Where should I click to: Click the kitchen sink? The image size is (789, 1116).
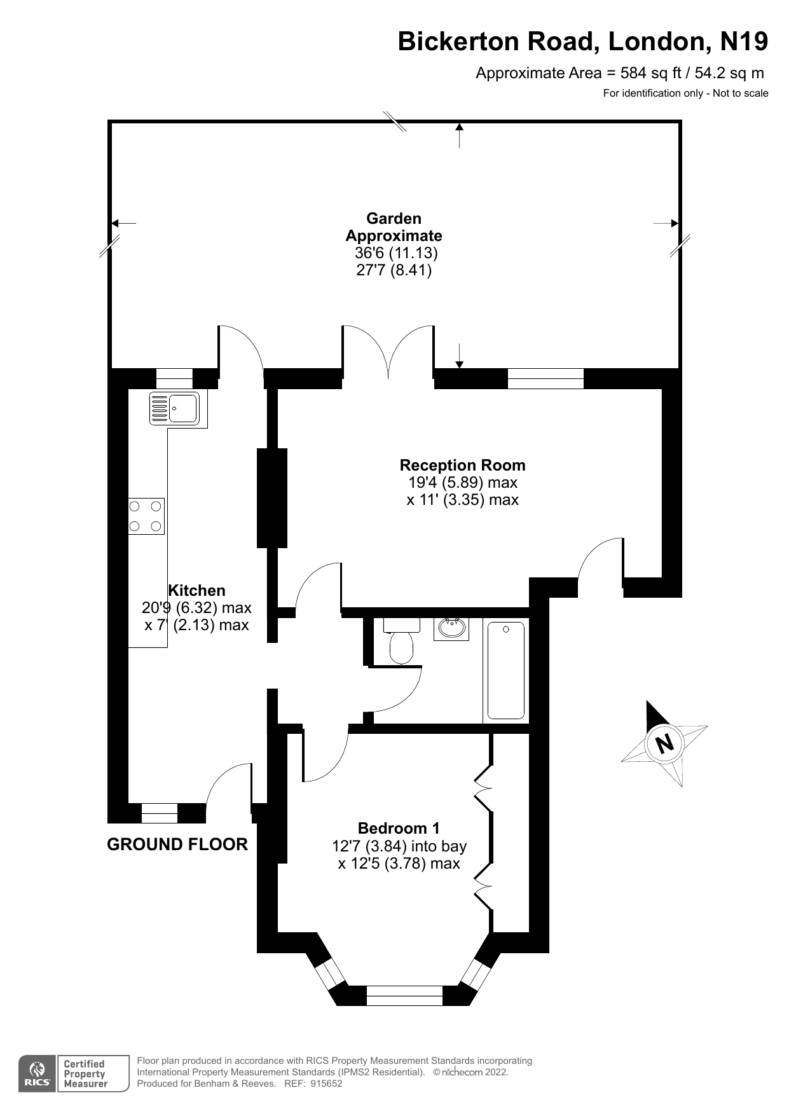[x=174, y=408]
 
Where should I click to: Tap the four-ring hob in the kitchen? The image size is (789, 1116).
[x=146, y=516]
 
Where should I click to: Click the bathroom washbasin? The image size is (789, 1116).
[x=452, y=628]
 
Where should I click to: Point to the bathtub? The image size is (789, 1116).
[x=505, y=670]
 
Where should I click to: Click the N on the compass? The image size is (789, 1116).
[x=665, y=743]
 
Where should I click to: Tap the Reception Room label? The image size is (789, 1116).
[x=462, y=465]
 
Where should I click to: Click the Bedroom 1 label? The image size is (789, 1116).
[x=399, y=828]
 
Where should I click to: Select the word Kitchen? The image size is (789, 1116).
[x=196, y=590]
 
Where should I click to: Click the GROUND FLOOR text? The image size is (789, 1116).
[x=177, y=844]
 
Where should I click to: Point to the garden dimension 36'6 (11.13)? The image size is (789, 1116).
[x=396, y=252]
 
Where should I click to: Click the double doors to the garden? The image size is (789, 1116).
[x=388, y=353]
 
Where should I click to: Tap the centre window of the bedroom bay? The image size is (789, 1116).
[x=404, y=995]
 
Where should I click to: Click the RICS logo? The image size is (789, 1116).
[x=36, y=1073]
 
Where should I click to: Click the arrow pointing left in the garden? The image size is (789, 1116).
[x=123, y=223]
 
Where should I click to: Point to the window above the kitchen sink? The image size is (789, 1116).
[x=174, y=378]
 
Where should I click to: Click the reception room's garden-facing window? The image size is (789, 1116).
[x=545, y=378]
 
